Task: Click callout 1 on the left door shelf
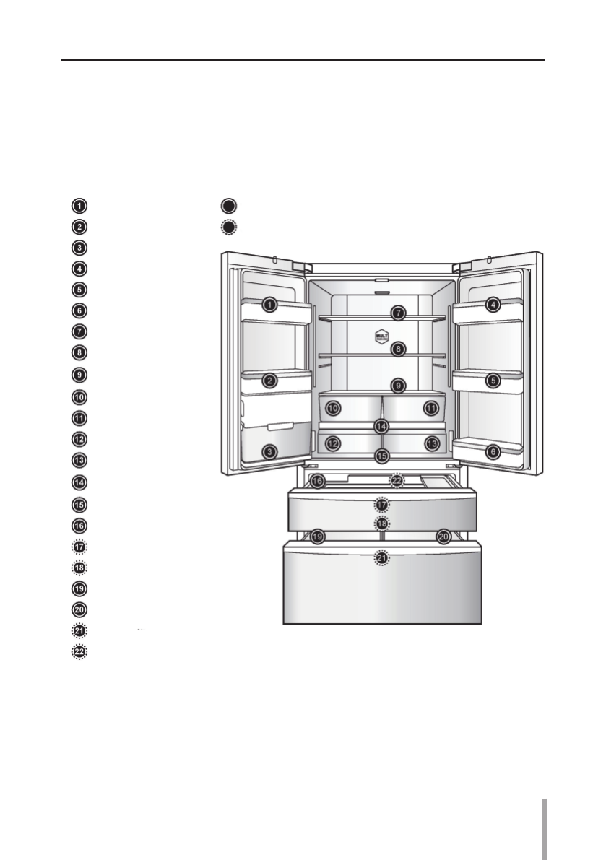(x=269, y=304)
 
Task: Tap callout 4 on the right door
(x=493, y=304)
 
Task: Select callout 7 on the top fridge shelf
(x=398, y=313)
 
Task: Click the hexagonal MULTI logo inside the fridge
(x=381, y=336)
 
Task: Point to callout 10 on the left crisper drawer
(x=333, y=408)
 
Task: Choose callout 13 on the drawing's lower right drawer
(x=432, y=443)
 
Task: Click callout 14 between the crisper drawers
(x=381, y=426)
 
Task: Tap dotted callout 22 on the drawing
(x=397, y=481)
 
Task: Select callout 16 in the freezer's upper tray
(x=318, y=482)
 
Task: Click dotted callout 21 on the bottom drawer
(x=381, y=558)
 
